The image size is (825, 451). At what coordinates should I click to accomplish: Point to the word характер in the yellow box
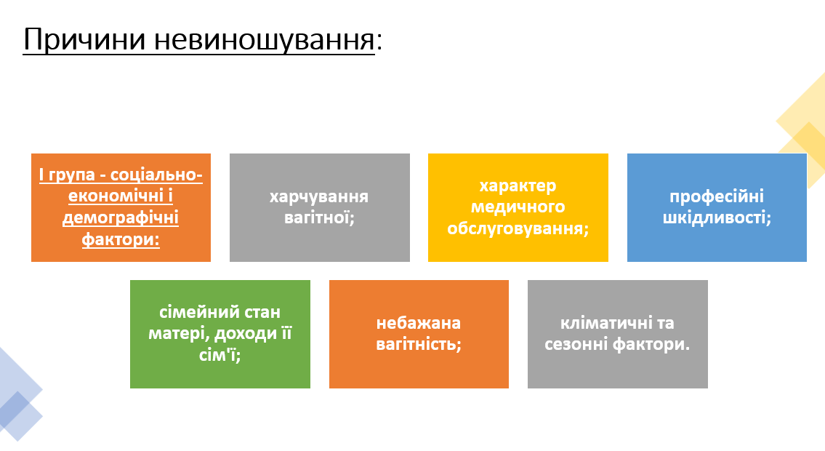[518, 186]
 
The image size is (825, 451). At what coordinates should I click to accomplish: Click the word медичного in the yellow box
[518, 207]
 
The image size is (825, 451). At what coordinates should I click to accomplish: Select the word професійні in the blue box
[716, 196]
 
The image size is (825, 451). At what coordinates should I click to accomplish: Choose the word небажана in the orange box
[419, 323]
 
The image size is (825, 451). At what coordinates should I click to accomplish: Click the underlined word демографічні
[121, 217]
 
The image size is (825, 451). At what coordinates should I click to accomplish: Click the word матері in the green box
[173, 334]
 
